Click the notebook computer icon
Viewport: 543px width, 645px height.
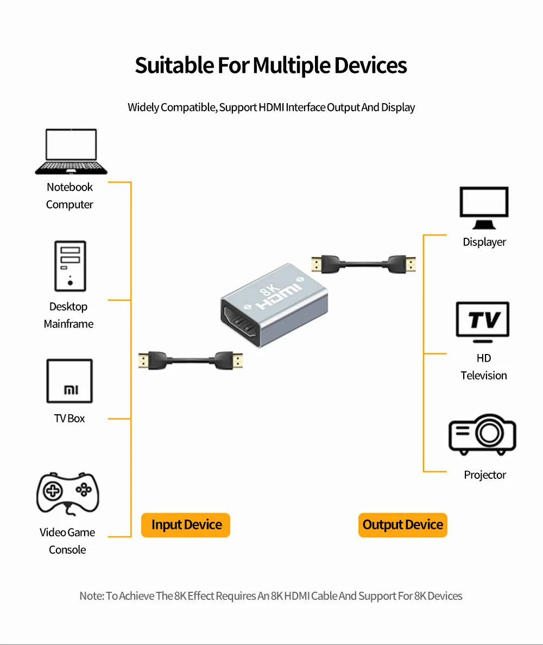pyautogui.click(x=71, y=151)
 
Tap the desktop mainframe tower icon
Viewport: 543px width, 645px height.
pyautogui.click(x=70, y=266)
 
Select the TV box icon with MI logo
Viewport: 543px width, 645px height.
pyautogui.click(x=70, y=381)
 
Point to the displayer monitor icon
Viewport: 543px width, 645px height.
pyautogui.click(x=484, y=208)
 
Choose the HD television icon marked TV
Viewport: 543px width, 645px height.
pyautogui.click(x=482, y=322)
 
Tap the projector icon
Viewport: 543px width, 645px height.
pyautogui.click(x=482, y=435)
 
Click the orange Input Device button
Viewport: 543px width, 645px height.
pyautogui.click(x=186, y=525)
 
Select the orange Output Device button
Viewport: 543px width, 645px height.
pyautogui.click(x=403, y=525)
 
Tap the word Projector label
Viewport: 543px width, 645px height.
pyautogui.click(x=485, y=475)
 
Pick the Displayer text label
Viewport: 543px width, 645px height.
pyautogui.click(x=484, y=242)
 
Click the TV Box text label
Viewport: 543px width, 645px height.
pyautogui.click(x=70, y=419)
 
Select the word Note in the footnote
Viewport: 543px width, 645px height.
pyautogui.click(x=91, y=596)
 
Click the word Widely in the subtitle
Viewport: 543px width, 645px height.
pyautogui.click(x=143, y=107)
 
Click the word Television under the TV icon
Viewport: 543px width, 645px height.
pyautogui.click(x=484, y=376)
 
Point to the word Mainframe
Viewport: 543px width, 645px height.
pyautogui.click(x=68, y=324)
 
